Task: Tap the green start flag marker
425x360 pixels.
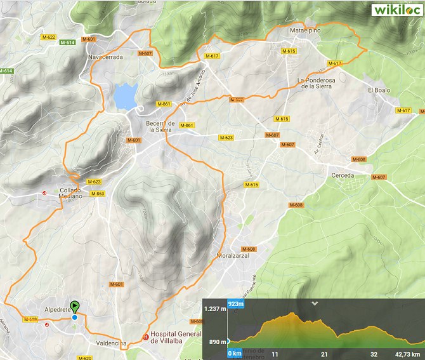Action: pos(75,307)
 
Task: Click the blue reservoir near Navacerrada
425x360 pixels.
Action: pos(124,97)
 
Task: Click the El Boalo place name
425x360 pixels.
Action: pos(380,90)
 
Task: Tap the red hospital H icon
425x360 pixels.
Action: pos(145,338)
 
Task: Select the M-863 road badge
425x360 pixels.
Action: pos(97,193)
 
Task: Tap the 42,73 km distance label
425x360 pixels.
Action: pos(407,354)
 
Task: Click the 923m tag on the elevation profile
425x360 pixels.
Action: pos(236,305)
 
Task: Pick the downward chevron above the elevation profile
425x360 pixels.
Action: pos(314,303)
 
